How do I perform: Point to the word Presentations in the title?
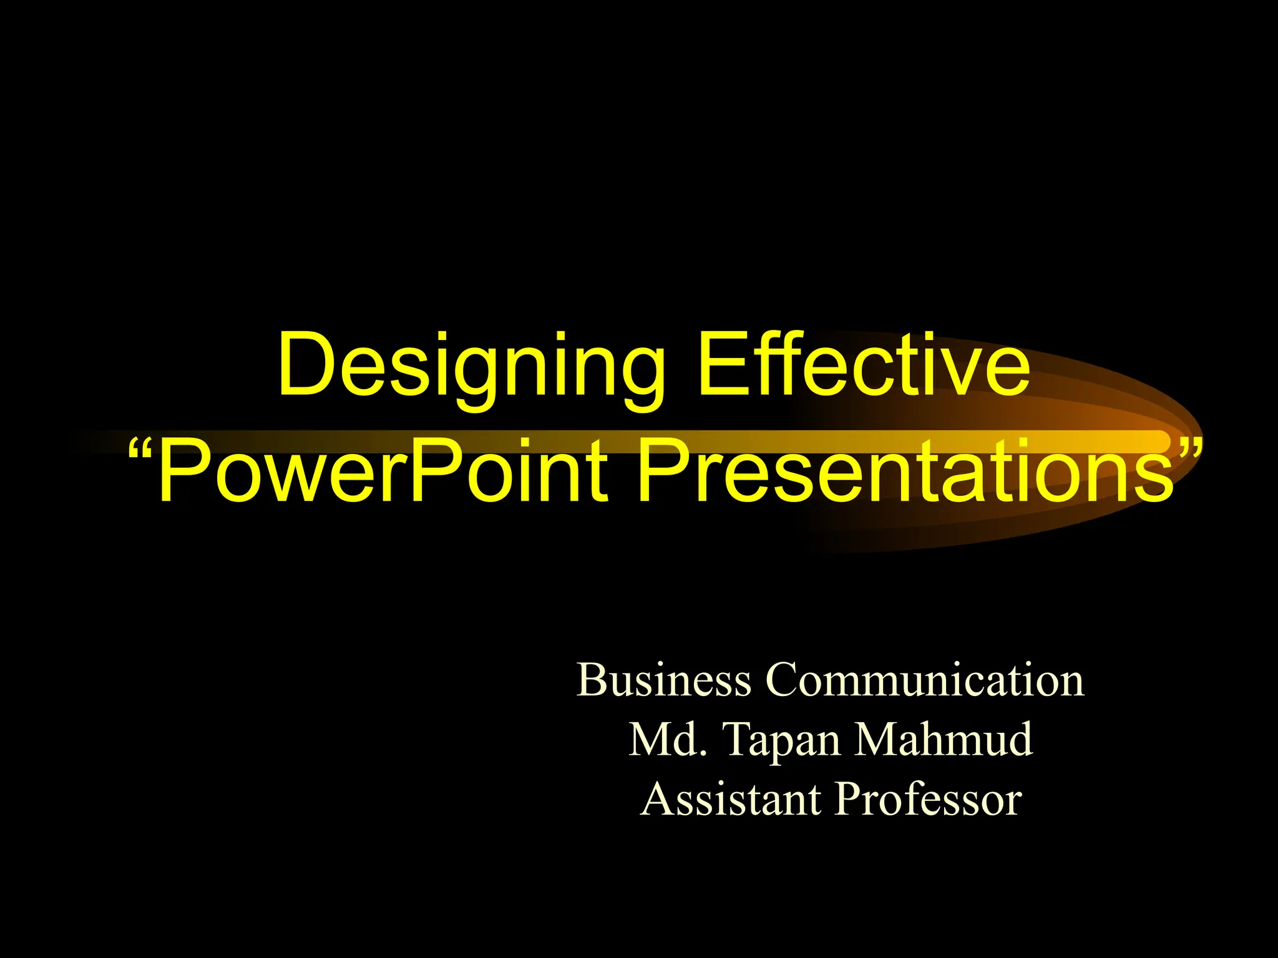905,471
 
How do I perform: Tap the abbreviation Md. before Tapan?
668,739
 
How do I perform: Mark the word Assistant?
730,799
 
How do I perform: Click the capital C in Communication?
783,679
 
